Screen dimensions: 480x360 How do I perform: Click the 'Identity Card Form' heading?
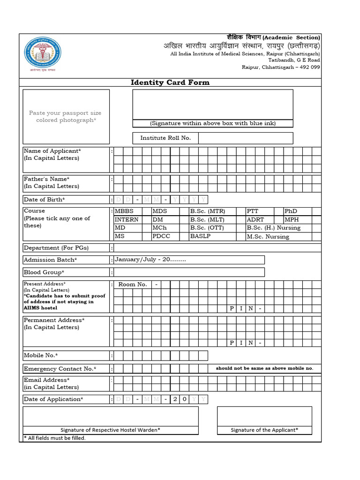tap(170, 82)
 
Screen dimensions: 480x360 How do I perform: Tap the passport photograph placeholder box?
tap(66, 117)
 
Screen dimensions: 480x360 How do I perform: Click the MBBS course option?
tap(124, 211)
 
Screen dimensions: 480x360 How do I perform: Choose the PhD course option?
tap(291, 211)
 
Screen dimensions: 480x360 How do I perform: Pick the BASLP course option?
tap(200, 236)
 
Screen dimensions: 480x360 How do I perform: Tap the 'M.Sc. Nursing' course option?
tap(268, 237)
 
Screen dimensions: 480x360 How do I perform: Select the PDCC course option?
tap(162, 236)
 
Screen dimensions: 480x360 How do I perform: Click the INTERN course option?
tap(127, 219)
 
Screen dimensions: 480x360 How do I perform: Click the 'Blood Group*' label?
tap(44, 272)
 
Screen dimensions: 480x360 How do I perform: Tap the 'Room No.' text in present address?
tap(133, 285)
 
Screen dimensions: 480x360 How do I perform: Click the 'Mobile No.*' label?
tap(41, 355)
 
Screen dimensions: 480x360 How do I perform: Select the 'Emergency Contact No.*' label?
tap(60, 369)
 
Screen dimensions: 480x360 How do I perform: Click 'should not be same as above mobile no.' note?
tap(264, 368)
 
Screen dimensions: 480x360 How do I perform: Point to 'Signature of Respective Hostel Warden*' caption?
tap(110, 430)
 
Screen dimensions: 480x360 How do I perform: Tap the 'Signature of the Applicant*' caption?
tap(264, 430)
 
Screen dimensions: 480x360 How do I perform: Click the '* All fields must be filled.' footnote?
tap(55, 438)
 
